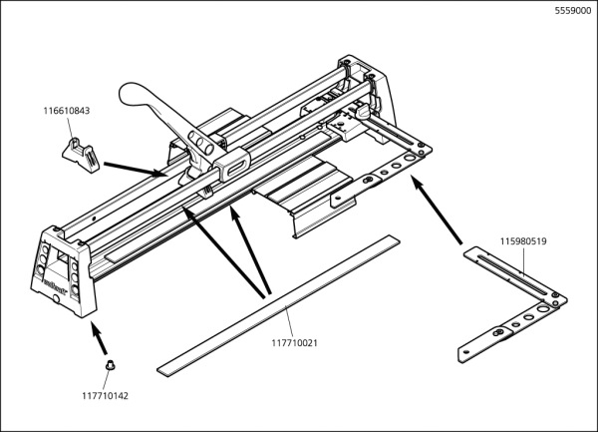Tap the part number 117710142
[105, 396]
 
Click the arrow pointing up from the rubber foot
[100, 341]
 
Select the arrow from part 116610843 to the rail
[136, 165]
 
